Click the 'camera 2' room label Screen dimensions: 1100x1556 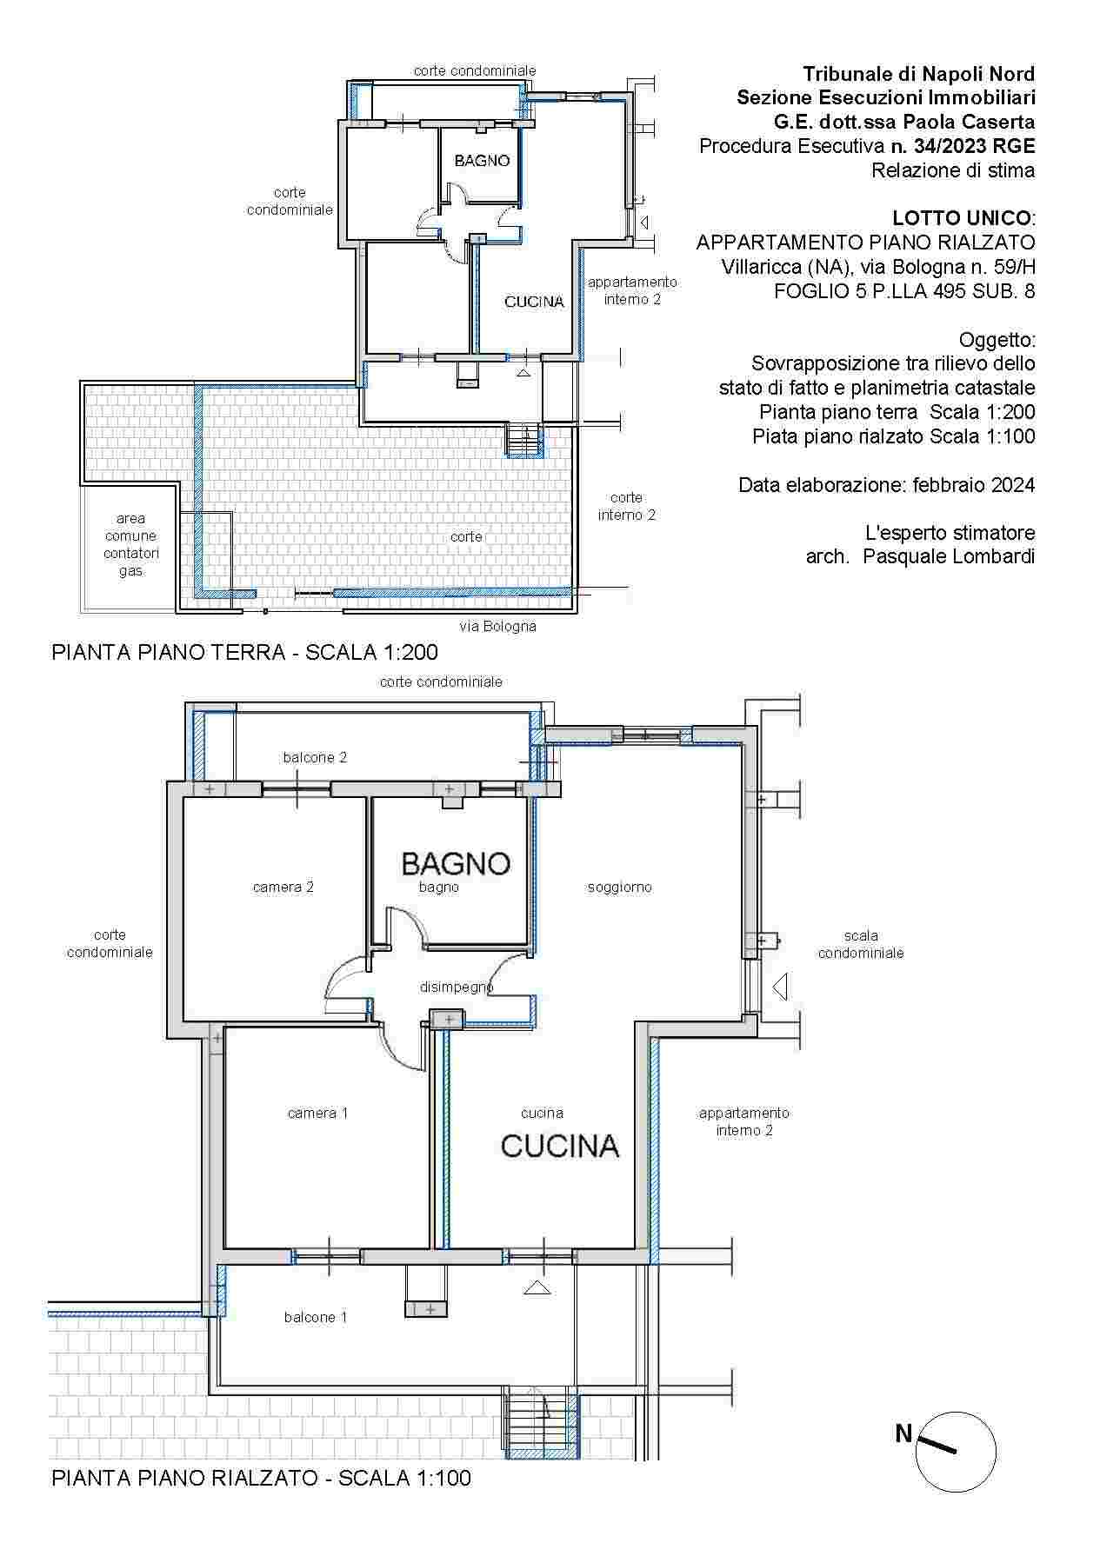click(x=283, y=887)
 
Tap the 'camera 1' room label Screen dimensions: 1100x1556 click(x=317, y=1113)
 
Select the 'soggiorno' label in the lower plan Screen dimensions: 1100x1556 click(x=619, y=887)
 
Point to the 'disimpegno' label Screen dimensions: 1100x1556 click(x=457, y=987)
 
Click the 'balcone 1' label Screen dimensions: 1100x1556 click(x=316, y=1317)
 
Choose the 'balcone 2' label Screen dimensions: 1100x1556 click(x=315, y=757)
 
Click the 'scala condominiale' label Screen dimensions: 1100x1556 click(x=861, y=944)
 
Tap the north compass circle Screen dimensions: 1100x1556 click(x=957, y=1452)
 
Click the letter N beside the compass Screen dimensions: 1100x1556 click(x=903, y=1433)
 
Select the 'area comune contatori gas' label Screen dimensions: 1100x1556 click(x=130, y=545)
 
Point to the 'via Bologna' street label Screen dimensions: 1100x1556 click(x=497, y=626)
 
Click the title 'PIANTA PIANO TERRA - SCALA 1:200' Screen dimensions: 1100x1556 click(x=244, y=652)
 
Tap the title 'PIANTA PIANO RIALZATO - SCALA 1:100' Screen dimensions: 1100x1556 click(x=261, y=1478)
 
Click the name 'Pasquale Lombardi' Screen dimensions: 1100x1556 click(x=949, y=556)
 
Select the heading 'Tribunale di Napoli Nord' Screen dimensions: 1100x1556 click(x=918, y=73)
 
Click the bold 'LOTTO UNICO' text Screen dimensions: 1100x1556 click(x=962, y=217)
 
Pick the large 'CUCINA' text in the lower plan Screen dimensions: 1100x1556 click(x=560, y=1146)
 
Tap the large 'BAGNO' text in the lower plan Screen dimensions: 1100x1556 click(x=456, y=863)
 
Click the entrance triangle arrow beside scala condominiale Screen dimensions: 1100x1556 click(x=780, y=987)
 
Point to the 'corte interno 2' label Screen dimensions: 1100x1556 click(x=626, y=506)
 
